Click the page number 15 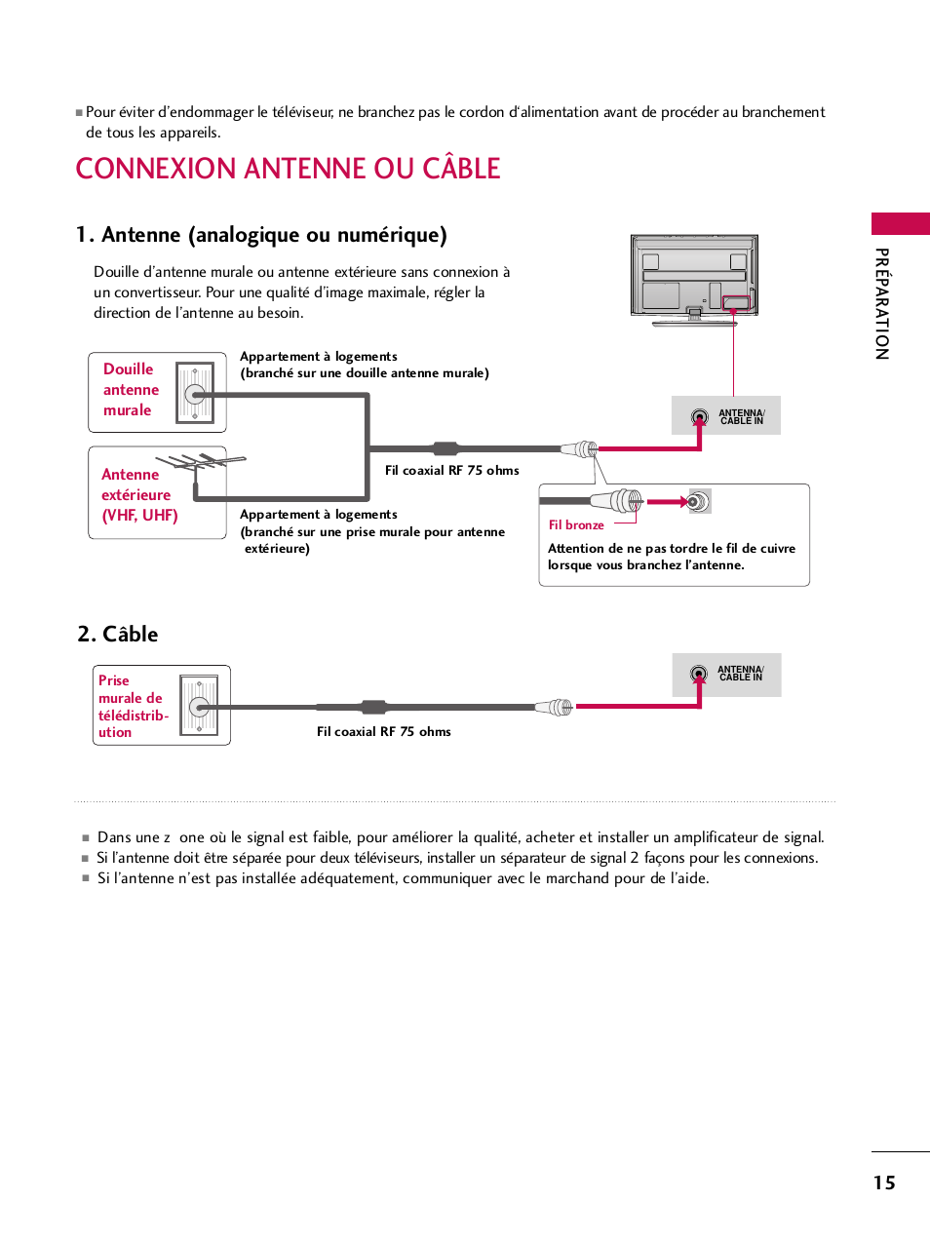click(x=883, y=1182)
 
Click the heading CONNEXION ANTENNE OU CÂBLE click(x=288, y=169)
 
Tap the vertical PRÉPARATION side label click(x=881, y=304)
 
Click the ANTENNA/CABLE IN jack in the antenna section click(x=699, y=417)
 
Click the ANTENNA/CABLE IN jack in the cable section click(x=698, y=674)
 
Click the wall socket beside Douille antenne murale click(x=195, y=393)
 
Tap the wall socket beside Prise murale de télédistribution click(x=200, y=707)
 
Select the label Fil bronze click(x=576, y=525)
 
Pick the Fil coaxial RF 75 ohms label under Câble click(x=383, y=732)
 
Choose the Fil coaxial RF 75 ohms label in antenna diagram click(x=451, y=471)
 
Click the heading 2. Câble click(x=118, y=634)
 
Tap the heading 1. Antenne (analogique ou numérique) click(x=261, y=235)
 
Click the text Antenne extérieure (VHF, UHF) click(x=138, y=495)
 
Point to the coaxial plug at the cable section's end click(x=556, y=707)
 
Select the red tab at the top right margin click(x=900, y=223)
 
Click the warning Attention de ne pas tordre click(x=671, y=557)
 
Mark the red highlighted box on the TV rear click(x=736, y=303)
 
